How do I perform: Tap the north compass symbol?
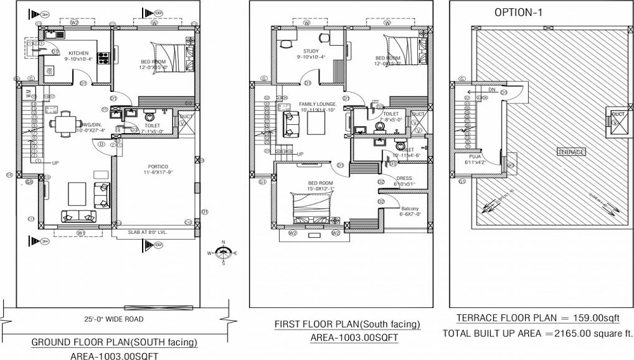click(x=223, y=252)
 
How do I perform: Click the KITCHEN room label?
click(x=79, y=53)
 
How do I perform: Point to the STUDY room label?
click(x=311, y=51)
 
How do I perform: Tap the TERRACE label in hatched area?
click(x=571, y=152)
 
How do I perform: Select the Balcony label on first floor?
click(x=410, y=209)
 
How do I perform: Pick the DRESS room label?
click(x=403, y=178)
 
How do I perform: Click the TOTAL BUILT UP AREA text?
click(x=537, y=333)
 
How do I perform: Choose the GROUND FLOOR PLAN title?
click(x=114, y=343)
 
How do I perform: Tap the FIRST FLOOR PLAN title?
click(x=347, y=325)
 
